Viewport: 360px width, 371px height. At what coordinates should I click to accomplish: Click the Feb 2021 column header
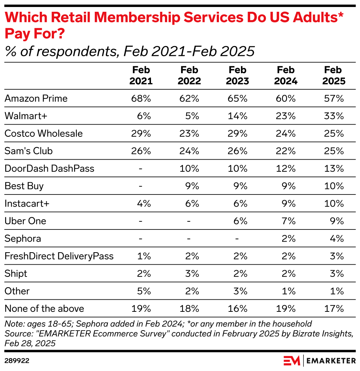tap(141, 75)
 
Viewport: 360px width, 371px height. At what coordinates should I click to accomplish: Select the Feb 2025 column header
tap(334, 75)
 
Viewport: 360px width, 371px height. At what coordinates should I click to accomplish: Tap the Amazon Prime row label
tap(36, 98)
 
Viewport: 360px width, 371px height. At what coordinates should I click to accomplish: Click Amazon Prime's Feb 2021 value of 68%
tap(141, 98)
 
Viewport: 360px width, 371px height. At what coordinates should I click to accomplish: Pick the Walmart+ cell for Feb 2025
tap(334, 116)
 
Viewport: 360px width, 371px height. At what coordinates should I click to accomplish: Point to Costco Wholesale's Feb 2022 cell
tap(189, 133)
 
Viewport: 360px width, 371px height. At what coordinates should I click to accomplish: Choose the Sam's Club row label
tap(29, 151)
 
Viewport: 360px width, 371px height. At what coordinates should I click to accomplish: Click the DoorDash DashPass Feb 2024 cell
tap(286, 168)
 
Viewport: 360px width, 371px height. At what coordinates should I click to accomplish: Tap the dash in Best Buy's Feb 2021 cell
tap(141, 186)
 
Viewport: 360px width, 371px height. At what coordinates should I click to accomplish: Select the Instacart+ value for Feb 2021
tap(143, 203)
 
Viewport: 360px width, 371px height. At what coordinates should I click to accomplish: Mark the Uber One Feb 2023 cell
tap(240, 221)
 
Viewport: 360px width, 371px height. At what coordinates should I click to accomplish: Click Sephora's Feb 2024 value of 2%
tap(288, 239)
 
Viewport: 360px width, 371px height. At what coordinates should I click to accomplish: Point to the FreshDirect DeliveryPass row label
tap(59, 256)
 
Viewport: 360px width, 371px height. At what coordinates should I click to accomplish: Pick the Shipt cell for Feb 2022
tap(191, 274)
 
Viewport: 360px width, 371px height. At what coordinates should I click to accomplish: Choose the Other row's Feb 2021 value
tap(143, 291)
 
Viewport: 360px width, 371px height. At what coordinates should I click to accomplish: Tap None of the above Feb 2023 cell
tap(238, 308)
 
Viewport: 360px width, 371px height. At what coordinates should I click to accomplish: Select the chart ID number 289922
tap(17, 361)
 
